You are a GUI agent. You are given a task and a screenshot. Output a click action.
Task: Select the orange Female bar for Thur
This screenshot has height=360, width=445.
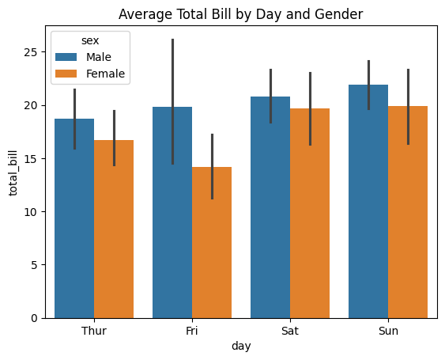[x=114, y=229]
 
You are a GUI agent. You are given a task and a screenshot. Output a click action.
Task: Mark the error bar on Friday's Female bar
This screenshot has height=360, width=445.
[x=212, y=166]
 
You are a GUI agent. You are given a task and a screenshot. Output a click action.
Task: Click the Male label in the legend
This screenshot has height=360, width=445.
[x=100, y=57]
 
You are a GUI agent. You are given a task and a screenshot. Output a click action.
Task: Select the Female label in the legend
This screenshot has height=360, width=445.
[x=106, y=74]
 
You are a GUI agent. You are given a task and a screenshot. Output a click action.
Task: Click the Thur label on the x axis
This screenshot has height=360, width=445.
[x=94, y=331]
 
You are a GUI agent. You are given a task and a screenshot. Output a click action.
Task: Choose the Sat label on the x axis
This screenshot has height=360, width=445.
[x=290, y=331]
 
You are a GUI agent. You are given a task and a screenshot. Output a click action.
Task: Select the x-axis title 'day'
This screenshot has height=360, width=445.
[x=241, y=347]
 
